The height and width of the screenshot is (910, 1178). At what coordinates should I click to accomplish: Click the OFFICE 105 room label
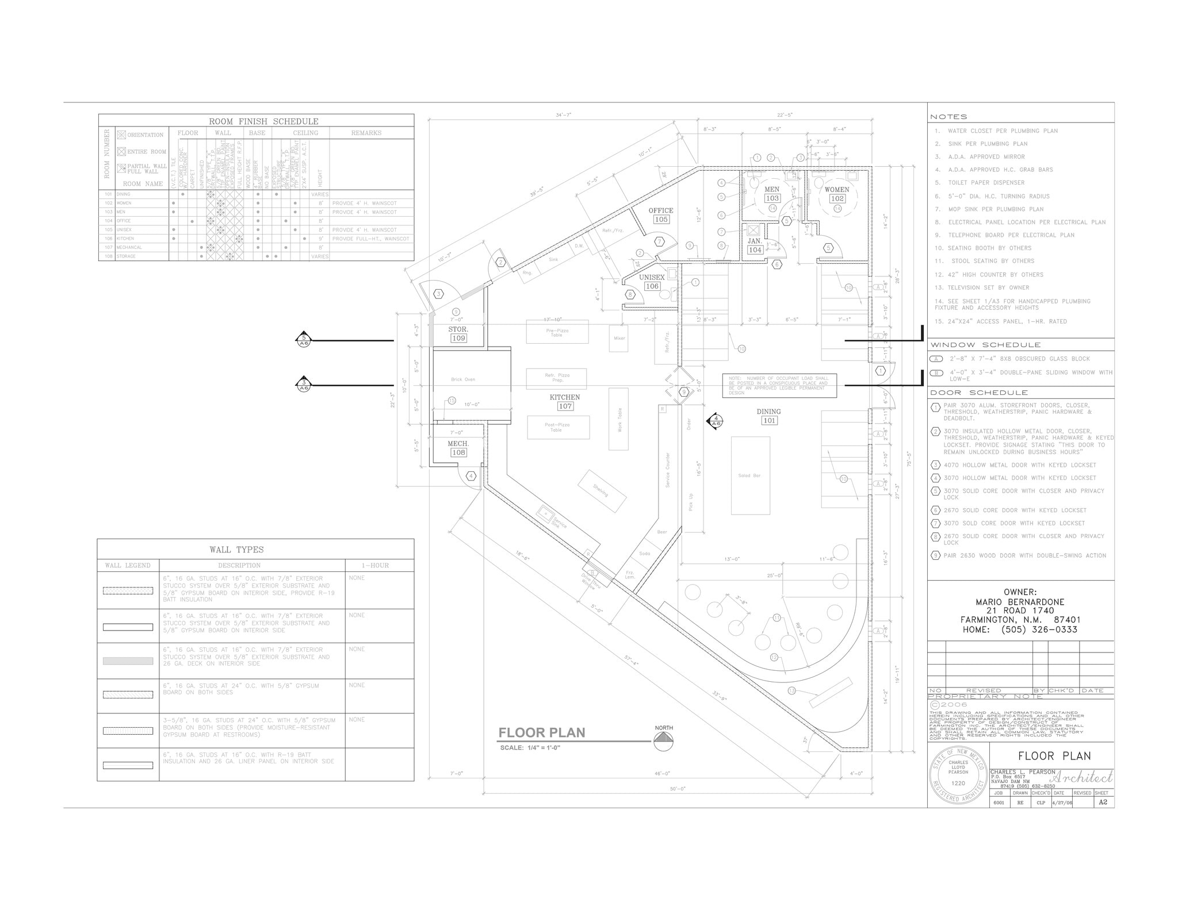pyautogui.click(x=661, y=215)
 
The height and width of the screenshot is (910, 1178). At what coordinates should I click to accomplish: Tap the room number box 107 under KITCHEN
pyautogui.click(x=565, y=406)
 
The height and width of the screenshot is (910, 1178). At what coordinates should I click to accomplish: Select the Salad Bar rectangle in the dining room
pyautogui.click(x=750, y=475)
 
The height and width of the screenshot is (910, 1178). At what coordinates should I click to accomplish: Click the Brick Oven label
pyautogui.click(x=463, y=379)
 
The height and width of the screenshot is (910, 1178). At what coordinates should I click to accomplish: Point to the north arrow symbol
pyautogui.click(x=663, y=741)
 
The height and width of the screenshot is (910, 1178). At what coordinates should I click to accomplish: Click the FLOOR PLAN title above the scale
pyautogui.click(x=541, y=732)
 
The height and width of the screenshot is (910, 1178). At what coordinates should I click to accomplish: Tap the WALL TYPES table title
pyautogui.click(x=237, y=550)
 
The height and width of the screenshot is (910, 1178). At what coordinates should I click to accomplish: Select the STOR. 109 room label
pyautogui.click(x=458, y=334)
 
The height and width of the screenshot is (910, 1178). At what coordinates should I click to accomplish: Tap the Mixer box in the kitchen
pyautogui.click(x=619, y=339)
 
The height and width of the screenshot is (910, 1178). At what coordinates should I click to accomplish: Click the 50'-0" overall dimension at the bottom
pyautogui.click(x=678, y=789)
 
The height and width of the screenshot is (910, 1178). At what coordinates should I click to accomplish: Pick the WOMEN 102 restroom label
pyautogui.click(x=836, y=194)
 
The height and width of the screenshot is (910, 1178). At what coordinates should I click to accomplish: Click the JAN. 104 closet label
pyautogui.click(x=755, y=245)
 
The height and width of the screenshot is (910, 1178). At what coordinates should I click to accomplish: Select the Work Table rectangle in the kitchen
pyautogui.click(x=619, y=419)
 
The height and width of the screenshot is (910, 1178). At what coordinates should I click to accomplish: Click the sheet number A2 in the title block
pyautogui.click(x=1103, y=802)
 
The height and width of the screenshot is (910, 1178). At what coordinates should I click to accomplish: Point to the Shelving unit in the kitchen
pyautogui.click(x=602, y=490)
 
